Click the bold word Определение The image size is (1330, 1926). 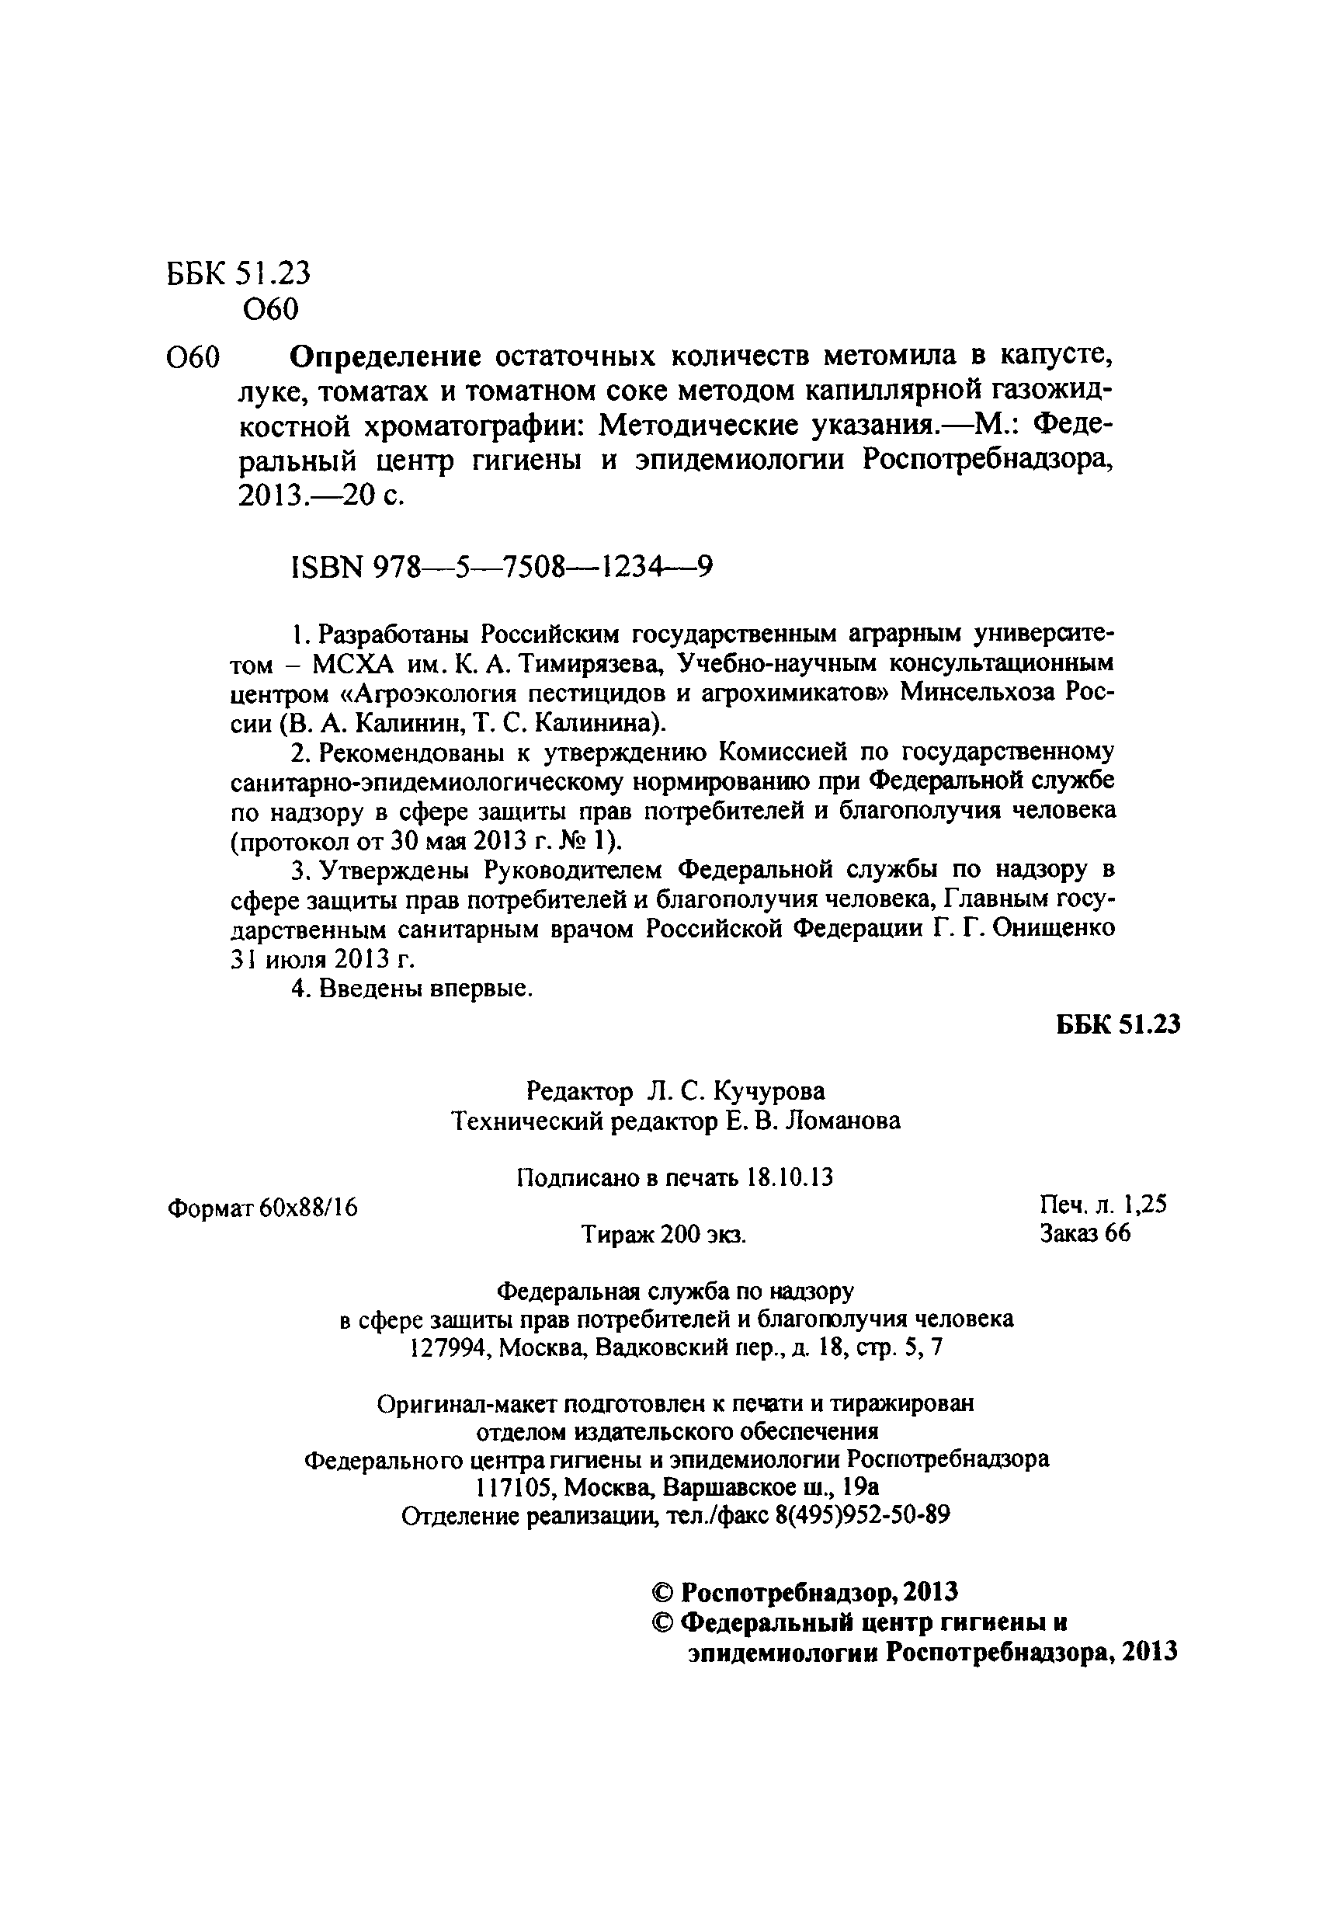385,356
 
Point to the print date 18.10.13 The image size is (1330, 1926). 790,1177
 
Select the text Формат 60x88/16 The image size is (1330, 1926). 263,1208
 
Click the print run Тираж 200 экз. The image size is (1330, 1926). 663,1235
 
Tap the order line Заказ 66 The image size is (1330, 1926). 1084,1233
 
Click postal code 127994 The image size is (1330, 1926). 451,1348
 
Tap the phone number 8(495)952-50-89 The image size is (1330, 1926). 862,1515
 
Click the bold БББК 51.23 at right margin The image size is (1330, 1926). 1117,1025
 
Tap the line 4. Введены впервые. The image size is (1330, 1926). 412,989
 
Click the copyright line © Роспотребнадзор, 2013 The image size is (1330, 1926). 804,1592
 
